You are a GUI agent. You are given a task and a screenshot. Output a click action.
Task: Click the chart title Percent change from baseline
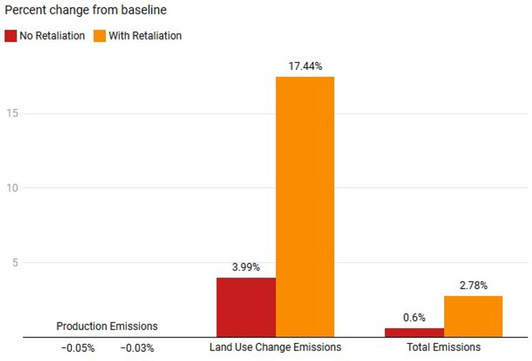[86, 11]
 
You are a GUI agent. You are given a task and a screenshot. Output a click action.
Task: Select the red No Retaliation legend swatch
[10, 36]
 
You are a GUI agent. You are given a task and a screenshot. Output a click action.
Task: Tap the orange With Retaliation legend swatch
[99, 36]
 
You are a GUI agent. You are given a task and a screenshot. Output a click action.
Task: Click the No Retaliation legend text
[52, 36]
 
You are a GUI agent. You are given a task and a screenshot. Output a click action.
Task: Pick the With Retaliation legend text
[145, 36]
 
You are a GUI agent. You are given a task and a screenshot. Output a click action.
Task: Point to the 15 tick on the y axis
[13, 114]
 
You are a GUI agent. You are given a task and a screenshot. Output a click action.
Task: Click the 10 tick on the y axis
[13, 188]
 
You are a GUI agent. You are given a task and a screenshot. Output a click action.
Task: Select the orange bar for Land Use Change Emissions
[305, 207]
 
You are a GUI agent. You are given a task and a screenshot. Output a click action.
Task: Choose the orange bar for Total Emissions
[473, 316]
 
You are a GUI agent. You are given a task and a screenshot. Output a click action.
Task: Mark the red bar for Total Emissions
[414, 332]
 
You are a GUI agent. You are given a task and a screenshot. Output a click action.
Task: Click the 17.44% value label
[305, 67]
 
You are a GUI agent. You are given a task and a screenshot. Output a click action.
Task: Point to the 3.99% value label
[246, 268]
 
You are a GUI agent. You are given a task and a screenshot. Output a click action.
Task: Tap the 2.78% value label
[473, 286]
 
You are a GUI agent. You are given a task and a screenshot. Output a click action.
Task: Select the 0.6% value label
[414, 318]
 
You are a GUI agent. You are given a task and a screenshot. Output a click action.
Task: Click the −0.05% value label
[78, 349]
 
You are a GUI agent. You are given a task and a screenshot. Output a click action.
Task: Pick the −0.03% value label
[137, 349]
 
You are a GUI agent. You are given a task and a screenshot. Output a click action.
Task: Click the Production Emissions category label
[107, 326]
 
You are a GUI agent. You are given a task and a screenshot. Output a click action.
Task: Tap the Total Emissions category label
[444, 348]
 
